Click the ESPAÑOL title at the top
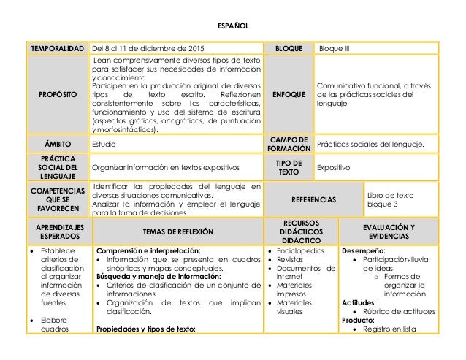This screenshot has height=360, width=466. coord(233,26)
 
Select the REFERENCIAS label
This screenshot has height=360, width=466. coord(313,198)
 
